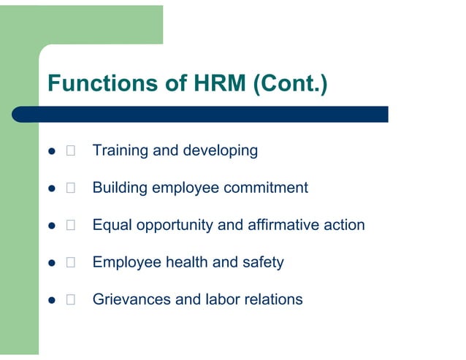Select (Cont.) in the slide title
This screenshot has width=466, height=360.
pyautogui.click(x=290, y=84)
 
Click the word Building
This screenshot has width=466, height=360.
pyautogui.click(x=120, y=188)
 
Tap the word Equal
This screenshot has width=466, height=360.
pyautogui.click(x=111, y=226)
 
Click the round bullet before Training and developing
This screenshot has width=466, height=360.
pyautogui.click(x=51, y=152)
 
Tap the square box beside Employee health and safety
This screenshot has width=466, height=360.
pyautogui.click(x=70, y=262)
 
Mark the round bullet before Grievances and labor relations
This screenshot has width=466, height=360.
pyautogui.click(x=51, y=300)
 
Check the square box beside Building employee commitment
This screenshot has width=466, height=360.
pyautogui.click(x=70, y=188)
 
